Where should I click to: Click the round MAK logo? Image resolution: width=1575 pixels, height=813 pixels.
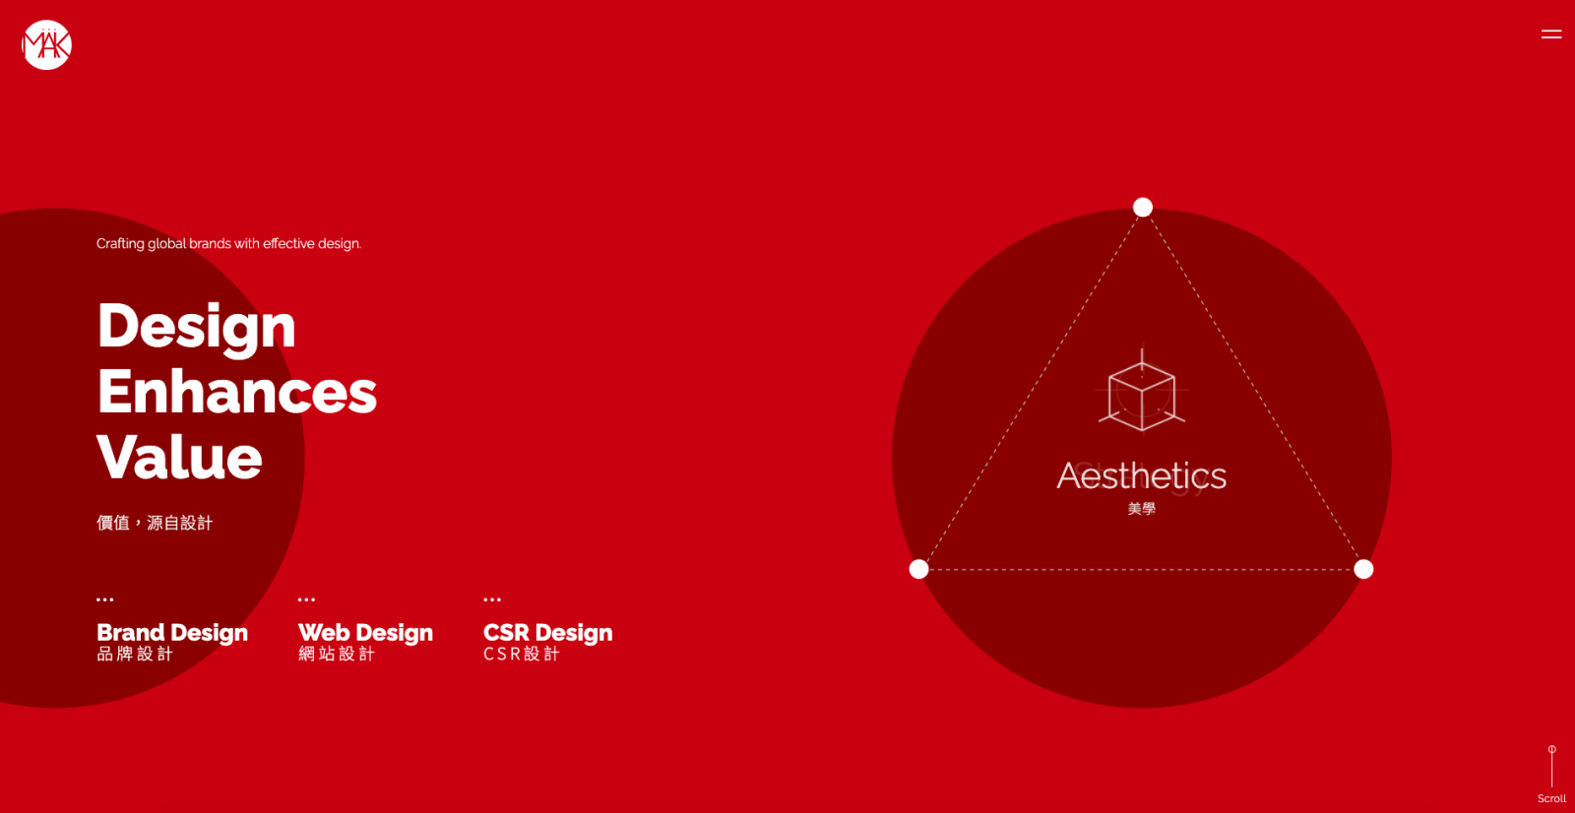click(46, 45)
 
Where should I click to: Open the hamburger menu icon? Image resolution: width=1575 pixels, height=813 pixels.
click(1551, 33)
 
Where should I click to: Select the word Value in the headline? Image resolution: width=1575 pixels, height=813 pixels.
click(179, 457)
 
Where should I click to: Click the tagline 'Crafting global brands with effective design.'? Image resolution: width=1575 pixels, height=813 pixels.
click(228, 243)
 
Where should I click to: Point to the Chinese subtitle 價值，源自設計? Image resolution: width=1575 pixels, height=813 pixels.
click(154, 523)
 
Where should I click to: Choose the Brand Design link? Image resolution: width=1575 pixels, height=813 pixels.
click(171, 641)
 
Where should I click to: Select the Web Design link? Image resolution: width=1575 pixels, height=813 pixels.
click(365, 641)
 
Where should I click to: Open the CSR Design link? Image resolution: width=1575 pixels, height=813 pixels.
click(547, 641)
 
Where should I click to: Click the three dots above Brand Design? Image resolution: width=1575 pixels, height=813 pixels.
click(104, 599)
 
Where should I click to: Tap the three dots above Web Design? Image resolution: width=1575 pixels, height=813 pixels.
click(306, 599)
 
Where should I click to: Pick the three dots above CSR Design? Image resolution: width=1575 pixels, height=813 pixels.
click(492, 599)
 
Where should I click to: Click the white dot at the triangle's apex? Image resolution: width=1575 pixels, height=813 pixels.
click(1143, 207)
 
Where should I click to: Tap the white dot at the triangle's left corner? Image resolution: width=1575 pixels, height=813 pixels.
click(918, 569)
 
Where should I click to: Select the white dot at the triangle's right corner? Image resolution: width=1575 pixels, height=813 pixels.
click(1363, 569)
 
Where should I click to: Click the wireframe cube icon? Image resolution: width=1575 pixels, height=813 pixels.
click(1142, 391)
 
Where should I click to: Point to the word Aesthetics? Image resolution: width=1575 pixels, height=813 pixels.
click(1141, 476)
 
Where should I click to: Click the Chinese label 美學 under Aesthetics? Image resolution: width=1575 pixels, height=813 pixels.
click(1141, 509)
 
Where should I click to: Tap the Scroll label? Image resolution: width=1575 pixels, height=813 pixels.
click(1551, 798)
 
